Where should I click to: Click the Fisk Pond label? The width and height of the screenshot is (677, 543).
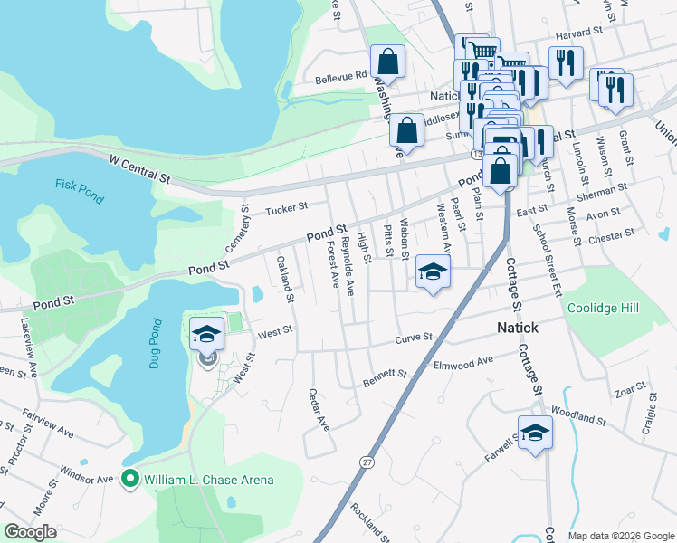pyautogui.click(x=74, y=184)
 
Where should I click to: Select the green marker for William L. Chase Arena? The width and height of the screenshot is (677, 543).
pyautogui.click(x=129, y=479)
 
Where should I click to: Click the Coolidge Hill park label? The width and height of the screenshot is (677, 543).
pyautogui.click(x=603, y=308)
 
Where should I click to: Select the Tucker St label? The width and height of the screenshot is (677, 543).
pyautogui.click(x=287, y=210)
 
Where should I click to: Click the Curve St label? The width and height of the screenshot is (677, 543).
pyautogui.click(x=415, y=339)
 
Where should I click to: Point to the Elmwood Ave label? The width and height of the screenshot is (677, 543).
pyautogui.click(x=463, y=361)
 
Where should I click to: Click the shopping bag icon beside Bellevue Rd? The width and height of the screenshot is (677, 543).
pyautogui.click(x=387, y=62)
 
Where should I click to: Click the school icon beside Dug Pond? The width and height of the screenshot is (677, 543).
pyautogui.click(x=206, y=334)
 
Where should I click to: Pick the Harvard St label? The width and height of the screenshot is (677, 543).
pyautogui.click(x=579, y=34)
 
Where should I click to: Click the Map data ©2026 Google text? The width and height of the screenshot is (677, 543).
pyautogui.click(x=620, y=535)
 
